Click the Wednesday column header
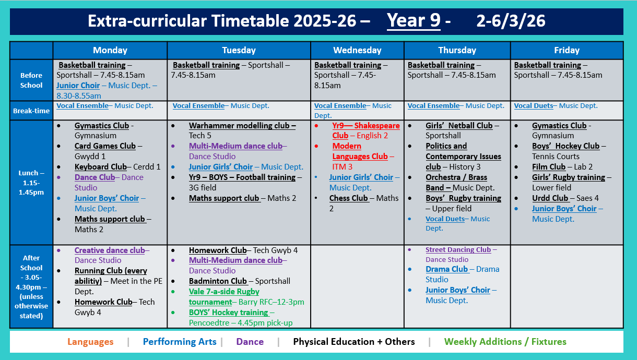pyautogui.click(x=357, y=51)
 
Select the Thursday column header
pyautogui.click(x=457, y=51)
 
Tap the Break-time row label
pyautogui.click(x=31, y=111)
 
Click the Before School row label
pyautogui.click(x=31, y=80)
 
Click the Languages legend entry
pyautogui.click(x=90, y=342)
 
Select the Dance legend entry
pyautogui.click(x=250, y=342)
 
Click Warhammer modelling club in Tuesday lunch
pyautogui.click(x=242, y=126)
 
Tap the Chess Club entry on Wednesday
pyautogui.click(x=348, y=198)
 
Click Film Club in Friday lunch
pyautogui.click(x=549, y=167)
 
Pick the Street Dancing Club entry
pyautogui.click(x=458, y=250)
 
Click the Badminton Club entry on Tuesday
pyautogui.click(x=218, y=281)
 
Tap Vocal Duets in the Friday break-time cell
pyautogui.click(x=533, y=106)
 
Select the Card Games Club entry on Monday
pyautogui.click(x=105, y=146)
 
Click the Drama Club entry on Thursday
pyautogui.click(x=446, y=269)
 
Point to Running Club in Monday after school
pyautogui.click(x=111, y=271)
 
